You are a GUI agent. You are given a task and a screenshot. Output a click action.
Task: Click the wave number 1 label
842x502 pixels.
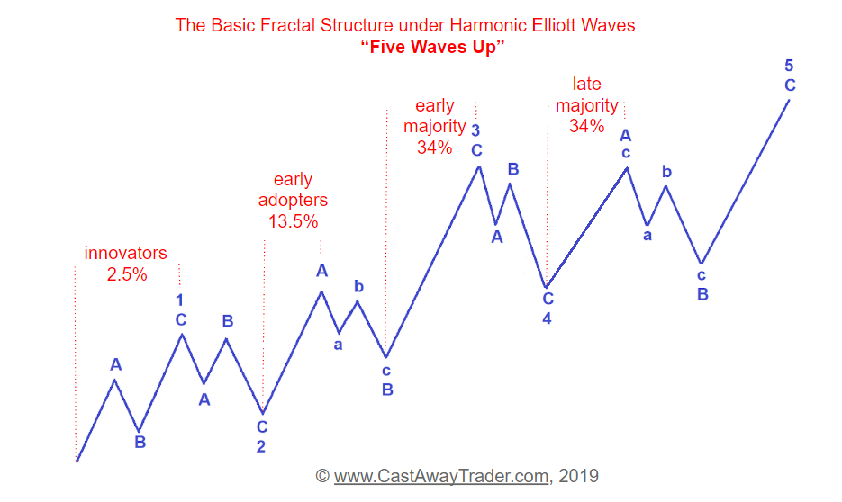pyautogui.click(x=179, y=300)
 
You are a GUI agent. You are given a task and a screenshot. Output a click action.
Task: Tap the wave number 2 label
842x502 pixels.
pyautogui.click(x=261, y=446)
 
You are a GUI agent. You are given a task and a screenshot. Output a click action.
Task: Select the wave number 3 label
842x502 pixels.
pyautogui.click(x=475, y=130)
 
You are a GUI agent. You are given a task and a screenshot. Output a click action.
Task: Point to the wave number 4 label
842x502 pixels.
pyautogui.click(x=547, y=318)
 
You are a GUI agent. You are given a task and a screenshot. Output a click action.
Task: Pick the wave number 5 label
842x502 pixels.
pyautogui.click(x=789, y=66)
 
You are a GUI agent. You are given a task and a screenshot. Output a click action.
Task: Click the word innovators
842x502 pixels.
pyautogui.click(x=126, y=253)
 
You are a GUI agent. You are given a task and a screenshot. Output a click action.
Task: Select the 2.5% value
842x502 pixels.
pyautogui.click(x=127, y=274)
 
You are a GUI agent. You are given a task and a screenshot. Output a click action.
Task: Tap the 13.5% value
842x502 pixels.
pyautogui.click(x=294, y=221)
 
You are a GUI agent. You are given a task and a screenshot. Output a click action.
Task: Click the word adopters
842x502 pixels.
pyautogui.click(x=294, y=200)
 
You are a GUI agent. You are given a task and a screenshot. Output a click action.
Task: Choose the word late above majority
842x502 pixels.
pyautogui.click(x=587, y=84)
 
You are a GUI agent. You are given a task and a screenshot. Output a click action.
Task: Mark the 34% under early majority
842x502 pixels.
pyautogui.click(x=434, y=147)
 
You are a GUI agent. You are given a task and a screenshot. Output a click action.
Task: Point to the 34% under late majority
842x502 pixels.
pyautogui.click(x=587, y=126)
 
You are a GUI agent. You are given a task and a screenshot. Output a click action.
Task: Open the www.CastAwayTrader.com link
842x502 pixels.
pyautogui.click(x=441, y=476)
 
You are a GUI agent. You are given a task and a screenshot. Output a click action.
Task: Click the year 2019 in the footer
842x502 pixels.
pyautogui.click(x=578, y=476)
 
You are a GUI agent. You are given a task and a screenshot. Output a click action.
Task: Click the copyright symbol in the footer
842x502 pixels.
pyautogui.click(x=322, y=476)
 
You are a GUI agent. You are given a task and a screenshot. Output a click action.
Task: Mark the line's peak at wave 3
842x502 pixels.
pyautogui.click(x=479, y=167)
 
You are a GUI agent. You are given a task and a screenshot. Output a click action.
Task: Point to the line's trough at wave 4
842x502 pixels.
pyautogui.click(x=546, y=288)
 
